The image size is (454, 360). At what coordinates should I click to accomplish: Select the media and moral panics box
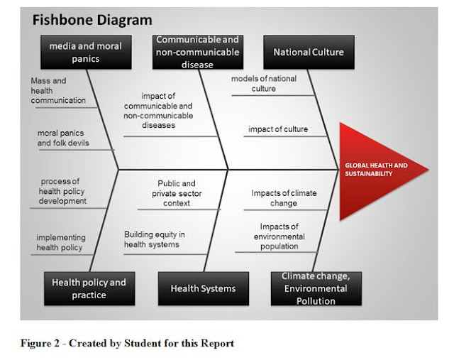click(x=85, y=52)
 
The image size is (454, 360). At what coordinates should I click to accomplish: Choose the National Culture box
click(x=308, y=52)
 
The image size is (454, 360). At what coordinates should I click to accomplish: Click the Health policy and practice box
click(x=89, y=288)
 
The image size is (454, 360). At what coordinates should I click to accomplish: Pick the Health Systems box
click(x=203, y=288)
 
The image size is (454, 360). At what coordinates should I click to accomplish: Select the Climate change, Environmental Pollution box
click(x=314, y=288)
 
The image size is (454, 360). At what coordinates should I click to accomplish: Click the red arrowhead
click(x=380, y=170)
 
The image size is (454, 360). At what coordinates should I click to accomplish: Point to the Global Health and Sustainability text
click(x=376, y=169)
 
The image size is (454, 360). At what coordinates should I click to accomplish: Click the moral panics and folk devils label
click(x=63, y=138)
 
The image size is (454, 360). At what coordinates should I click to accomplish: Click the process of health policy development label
click(x=63, y=191)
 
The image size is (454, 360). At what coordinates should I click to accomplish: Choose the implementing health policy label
click(x=60, y=242)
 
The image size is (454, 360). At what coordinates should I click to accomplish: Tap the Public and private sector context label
click(x=177, y=193)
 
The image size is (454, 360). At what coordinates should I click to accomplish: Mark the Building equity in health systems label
click(x=155, y=239)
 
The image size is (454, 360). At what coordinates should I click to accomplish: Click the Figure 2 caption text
click(x=127, y=344)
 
